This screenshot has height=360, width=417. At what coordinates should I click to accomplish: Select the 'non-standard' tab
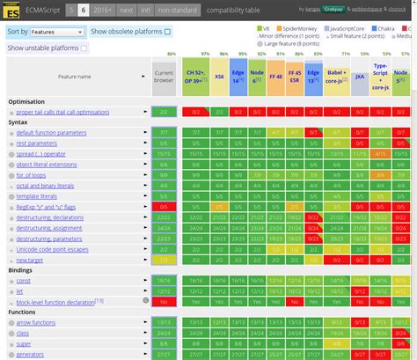tap(177, 9)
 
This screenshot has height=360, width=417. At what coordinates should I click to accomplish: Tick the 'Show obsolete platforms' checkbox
tap(167, 32)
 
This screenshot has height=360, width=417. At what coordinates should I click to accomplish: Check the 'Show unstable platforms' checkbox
tap(84, 48)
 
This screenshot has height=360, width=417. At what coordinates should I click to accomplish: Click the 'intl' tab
tap(145, 9)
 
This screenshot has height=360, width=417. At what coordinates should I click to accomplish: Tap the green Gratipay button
tap(309, 9)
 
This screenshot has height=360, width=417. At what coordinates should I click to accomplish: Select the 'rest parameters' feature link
tap(37, 143)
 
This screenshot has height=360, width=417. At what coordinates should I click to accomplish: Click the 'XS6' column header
tap(218, 77)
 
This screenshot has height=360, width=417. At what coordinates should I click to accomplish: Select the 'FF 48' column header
tap(274, 77)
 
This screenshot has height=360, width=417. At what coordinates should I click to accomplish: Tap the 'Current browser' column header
tap(164, 77)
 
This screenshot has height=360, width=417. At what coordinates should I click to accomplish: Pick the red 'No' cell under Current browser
tap(164, 300)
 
